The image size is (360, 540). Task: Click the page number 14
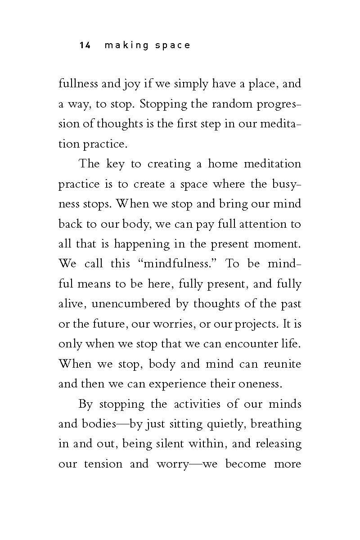[x=85, y=45]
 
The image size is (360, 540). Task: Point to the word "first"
[x=182, y=124]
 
